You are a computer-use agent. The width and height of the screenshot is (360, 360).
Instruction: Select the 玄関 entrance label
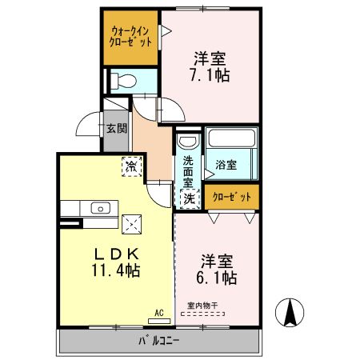pyautogui.click(x=116, y=128)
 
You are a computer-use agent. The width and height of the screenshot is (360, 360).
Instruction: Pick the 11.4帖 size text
pyautogui.click(x=115, y=270)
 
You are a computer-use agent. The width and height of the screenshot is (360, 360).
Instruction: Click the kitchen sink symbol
pyautogui.click(x=101, y=208)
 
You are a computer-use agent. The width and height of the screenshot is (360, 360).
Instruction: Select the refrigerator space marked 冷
pyautogui.click(x=130, y=167)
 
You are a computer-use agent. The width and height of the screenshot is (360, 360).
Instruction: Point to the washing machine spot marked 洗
pyautogui.click(x=190, y=196)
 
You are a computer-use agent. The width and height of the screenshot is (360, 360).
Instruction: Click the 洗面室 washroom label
pyautogui.click(x=188, y=166)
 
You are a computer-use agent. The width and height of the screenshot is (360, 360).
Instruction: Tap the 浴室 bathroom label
pyautogui.click(x=226, y=166)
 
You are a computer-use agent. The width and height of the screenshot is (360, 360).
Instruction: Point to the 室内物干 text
pyautogui.click(x=202, y=305)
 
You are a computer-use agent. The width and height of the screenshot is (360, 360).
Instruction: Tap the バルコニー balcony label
pyautogui.click(x=160, y=341)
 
